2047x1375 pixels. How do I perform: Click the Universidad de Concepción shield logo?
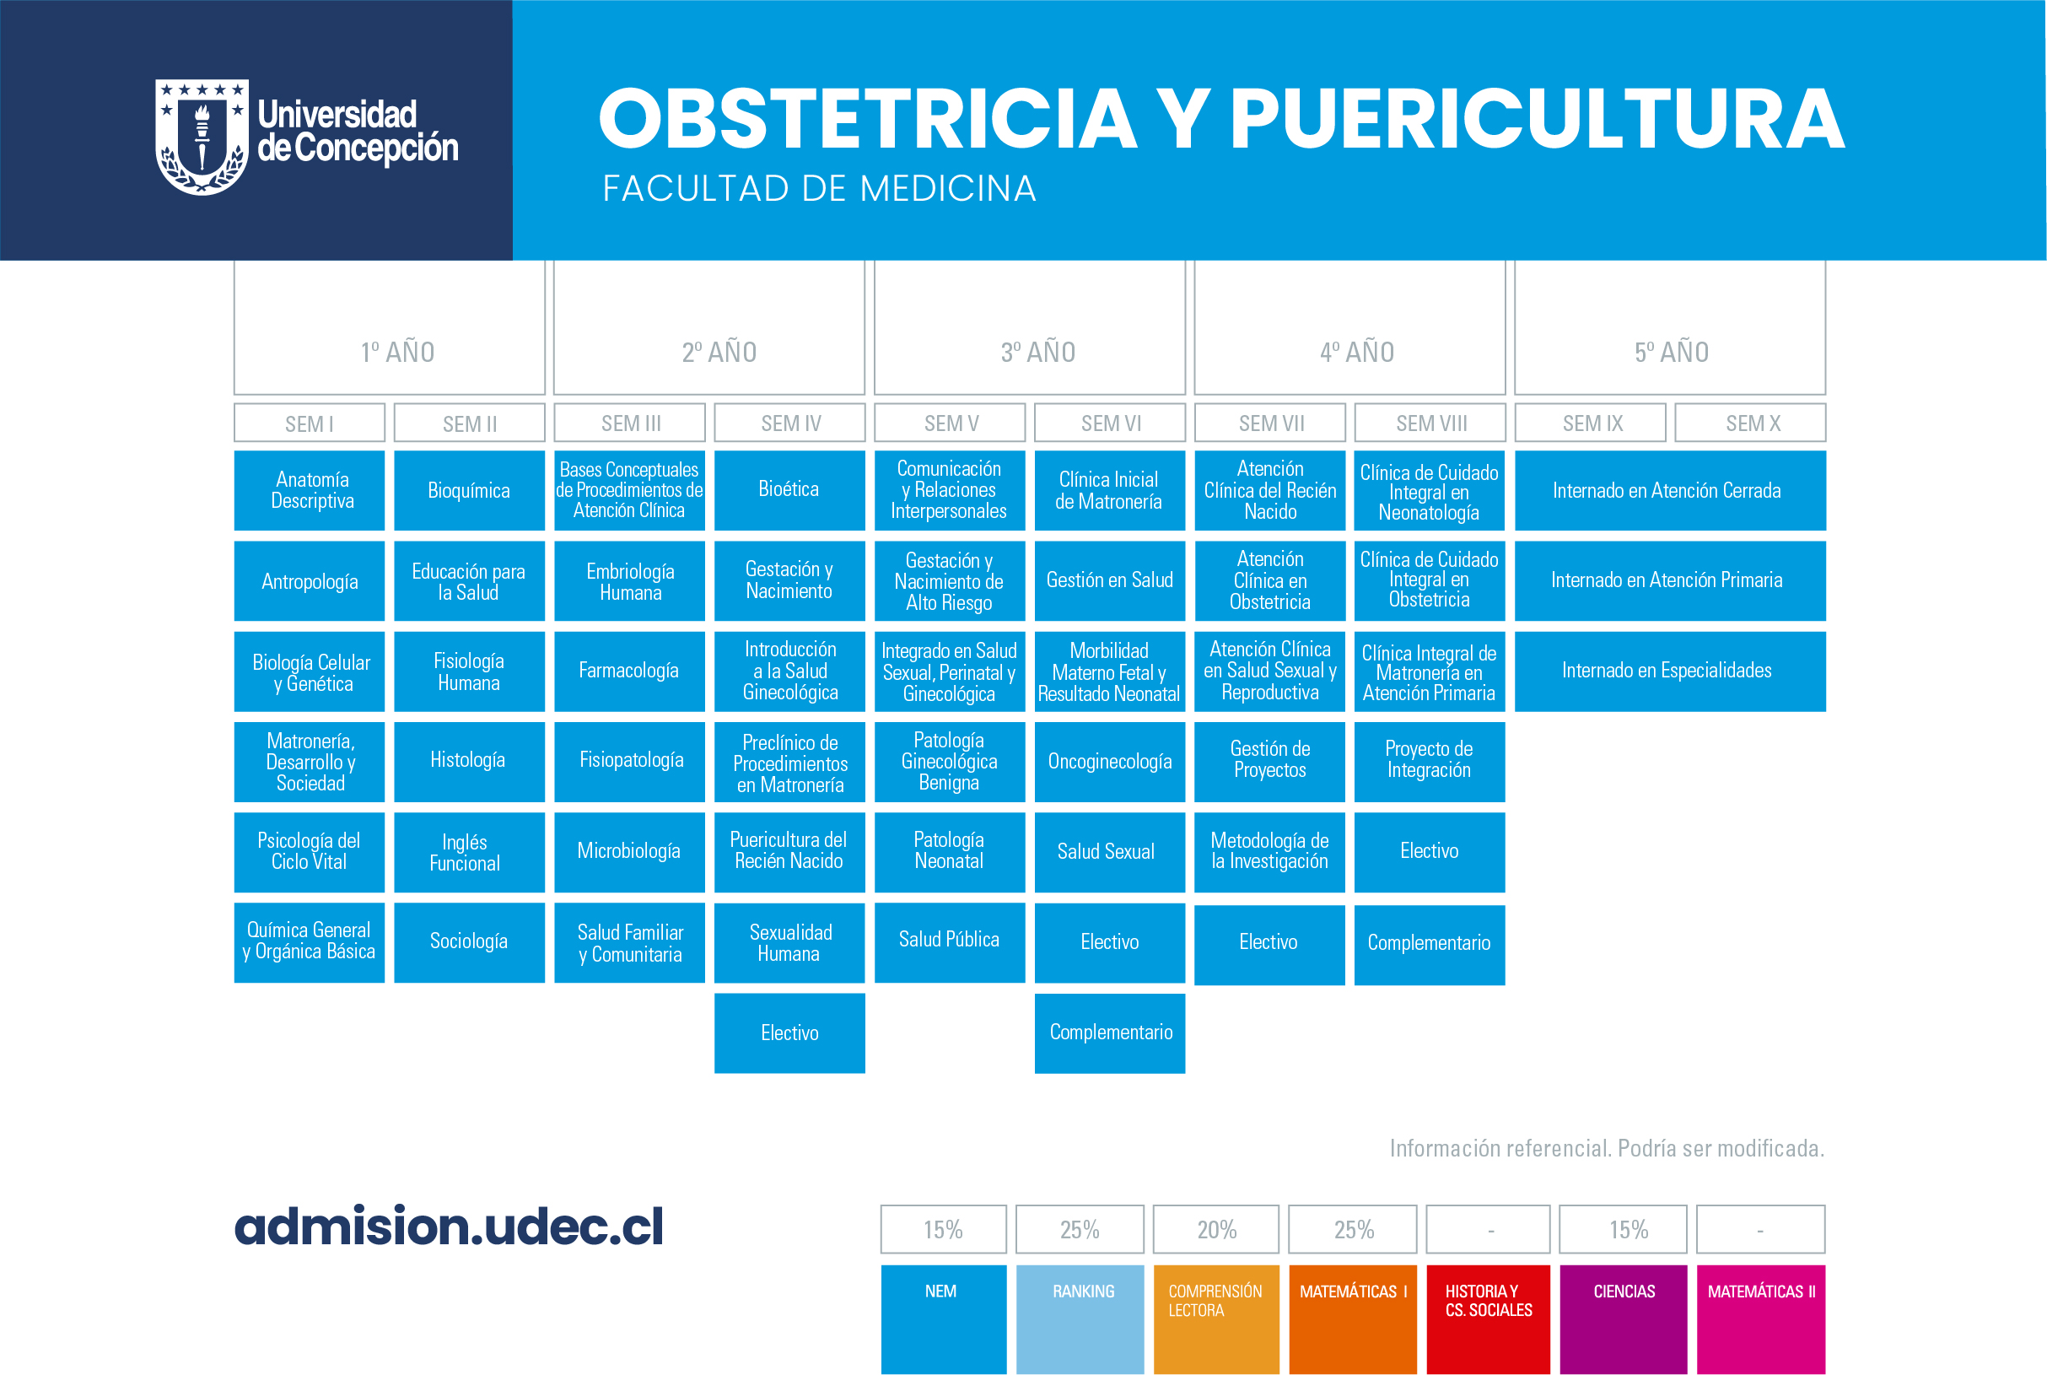pyautogui.click(x=202, y=137)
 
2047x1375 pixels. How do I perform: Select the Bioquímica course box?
pyautogui.click(x=469, y=490)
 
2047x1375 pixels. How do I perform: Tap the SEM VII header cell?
pyautogui.click(x=1269, y=423)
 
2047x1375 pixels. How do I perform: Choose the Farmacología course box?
pyautogui.click(x=629, y=671)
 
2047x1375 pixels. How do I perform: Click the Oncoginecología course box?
pyautogui.click(x=1110, y=761)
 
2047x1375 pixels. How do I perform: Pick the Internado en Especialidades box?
pyautogui.click(x=1670, y=671)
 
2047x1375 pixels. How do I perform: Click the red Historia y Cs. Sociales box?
pyautogui.click(x=1488, y=1318)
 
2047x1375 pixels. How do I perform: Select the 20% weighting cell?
pyautogui.click(x=1216, y=1229)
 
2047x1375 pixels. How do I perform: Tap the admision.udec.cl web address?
pyautogui.click(x=449, y=1226)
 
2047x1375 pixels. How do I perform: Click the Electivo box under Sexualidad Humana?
pyautogui.click(x=789, y=1033)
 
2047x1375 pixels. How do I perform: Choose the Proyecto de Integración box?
pyautogui.click(x=1430, y=761)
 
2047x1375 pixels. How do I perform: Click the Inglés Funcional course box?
pyautogui.click(x=469, y=852)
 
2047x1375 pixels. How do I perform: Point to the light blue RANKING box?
pyautogui.click(x=1080, y=1318)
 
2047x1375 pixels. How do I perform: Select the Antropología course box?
pyautogui.click(x=310, y=580)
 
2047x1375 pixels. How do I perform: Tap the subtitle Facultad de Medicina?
pyautogui.click(x=819, y=189)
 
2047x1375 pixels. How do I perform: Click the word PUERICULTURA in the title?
pyautogui.click(x=1538, y=118)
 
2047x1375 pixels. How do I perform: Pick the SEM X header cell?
pyautogui.click(x=1750, y=423)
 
